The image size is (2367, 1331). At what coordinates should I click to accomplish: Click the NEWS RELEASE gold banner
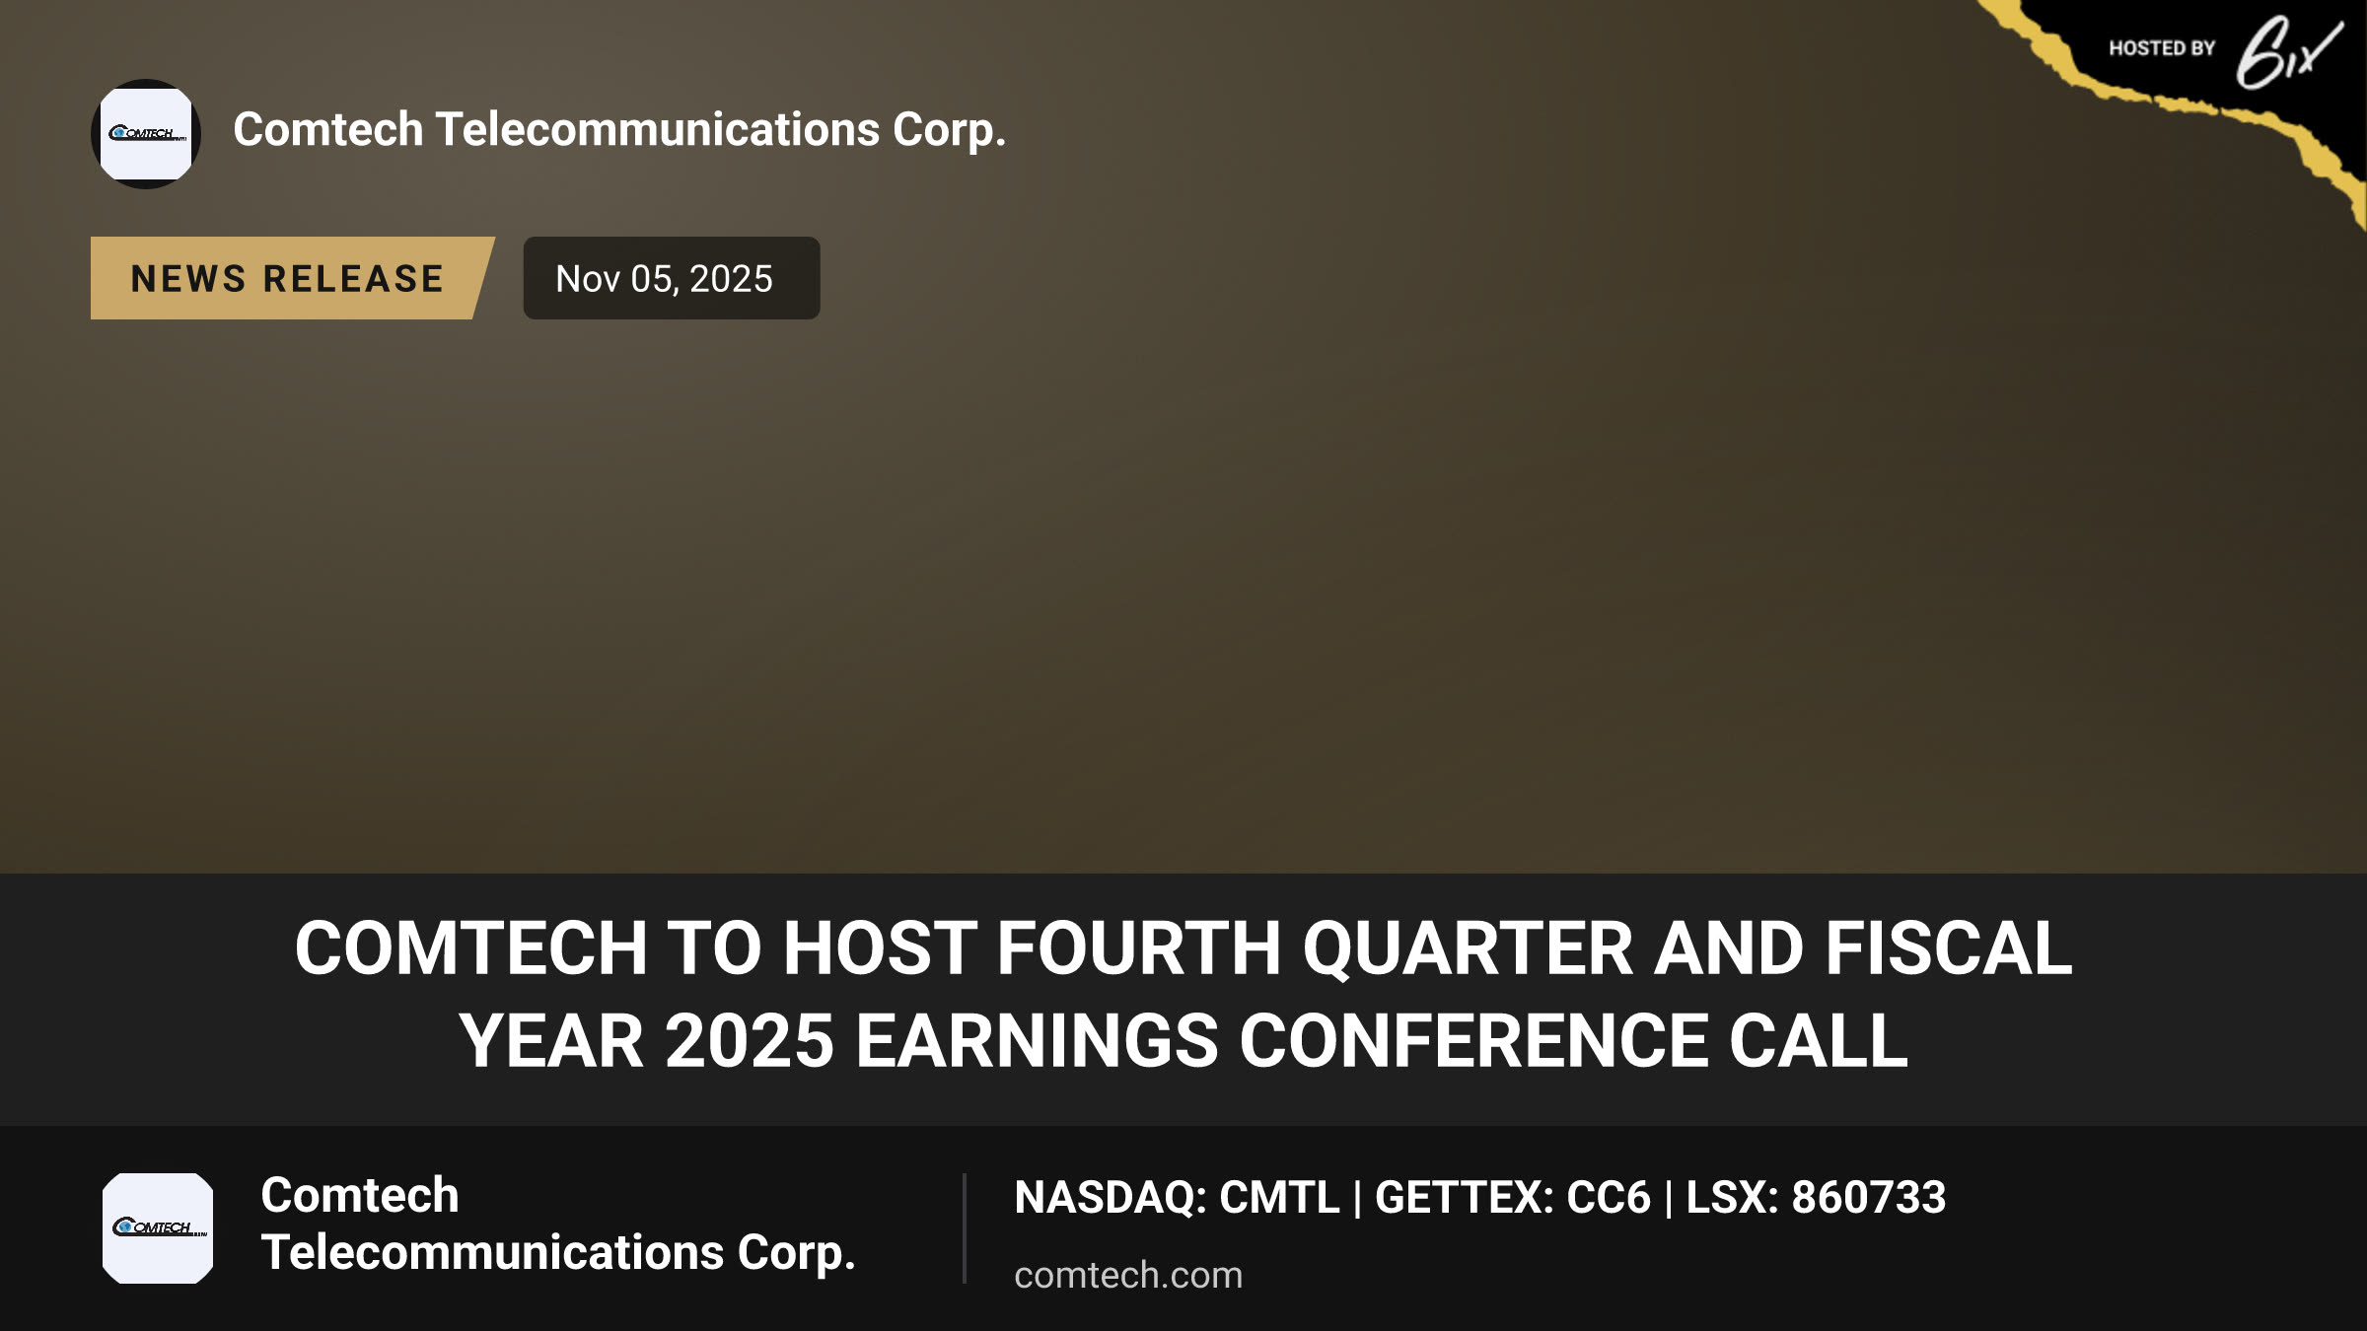[292, 278]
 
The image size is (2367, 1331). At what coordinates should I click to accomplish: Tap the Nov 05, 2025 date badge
[671, 278]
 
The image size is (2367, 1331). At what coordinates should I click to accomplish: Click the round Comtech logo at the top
[146, 134]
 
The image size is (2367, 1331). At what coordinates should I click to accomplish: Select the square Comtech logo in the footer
[158, 1228]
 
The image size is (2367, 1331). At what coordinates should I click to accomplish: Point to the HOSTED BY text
[2162, 48]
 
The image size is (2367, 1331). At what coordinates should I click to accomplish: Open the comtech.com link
[1128, 1275]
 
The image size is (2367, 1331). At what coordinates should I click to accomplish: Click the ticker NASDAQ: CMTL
[1177, 1198]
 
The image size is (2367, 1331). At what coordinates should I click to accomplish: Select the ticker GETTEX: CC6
[1512, 1198]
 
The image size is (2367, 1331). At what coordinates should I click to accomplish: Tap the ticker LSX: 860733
[1816, 1198]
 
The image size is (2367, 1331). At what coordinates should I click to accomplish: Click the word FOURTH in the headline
[1139, 948]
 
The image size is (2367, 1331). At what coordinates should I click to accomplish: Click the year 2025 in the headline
[750, 1041]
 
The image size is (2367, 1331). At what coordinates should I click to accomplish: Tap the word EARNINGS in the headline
[1037, 1041]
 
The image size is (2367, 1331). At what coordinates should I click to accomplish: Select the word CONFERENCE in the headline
[1474, 1041]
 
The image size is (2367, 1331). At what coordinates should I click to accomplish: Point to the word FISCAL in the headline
[1949, 948]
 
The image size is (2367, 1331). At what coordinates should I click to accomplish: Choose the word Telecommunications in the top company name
[657, 129]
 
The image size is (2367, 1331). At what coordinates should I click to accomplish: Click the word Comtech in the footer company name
[360, 1196]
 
